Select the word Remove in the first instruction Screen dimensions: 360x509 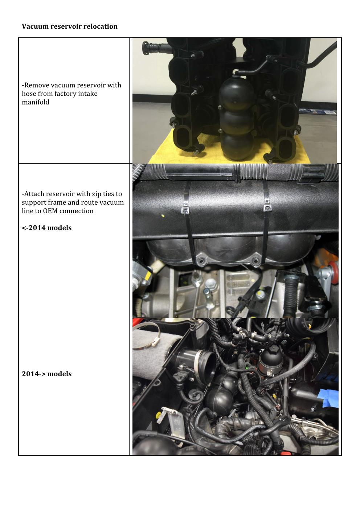point(35,85)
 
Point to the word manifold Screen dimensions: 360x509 point(36,102)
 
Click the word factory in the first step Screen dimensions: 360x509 point(65,94)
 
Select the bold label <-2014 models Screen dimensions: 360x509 point(46,228)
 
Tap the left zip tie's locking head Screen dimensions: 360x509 point(185,211)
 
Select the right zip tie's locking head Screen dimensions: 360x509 point(267,208)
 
